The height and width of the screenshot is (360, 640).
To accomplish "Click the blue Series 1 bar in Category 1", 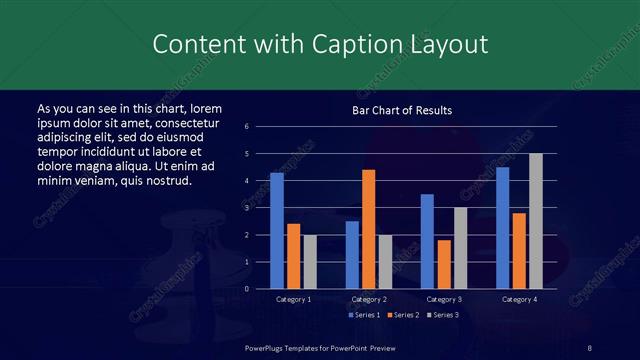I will (277, 231).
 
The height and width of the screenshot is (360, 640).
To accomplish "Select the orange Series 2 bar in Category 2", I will (369, 229).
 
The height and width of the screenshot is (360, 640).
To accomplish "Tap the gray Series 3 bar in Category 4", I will (536, 221).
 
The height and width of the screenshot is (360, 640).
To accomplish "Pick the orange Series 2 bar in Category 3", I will (444, 264).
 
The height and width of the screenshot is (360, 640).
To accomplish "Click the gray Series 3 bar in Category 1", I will (310, 262).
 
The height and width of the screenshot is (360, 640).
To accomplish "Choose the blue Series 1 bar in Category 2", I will (352, 255).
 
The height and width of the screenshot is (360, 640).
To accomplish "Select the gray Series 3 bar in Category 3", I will (461, 248).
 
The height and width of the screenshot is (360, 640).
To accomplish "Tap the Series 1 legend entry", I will (365, 315).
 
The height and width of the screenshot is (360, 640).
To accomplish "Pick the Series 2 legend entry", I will (403, 315).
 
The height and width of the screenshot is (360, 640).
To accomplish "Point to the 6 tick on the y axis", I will (260, 126).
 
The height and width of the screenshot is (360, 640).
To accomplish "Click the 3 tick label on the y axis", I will (260, 208).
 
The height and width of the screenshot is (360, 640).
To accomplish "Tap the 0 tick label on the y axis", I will (260, 289).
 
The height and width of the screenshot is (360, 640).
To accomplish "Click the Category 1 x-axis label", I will (294, 299).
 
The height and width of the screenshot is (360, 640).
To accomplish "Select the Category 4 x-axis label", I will (519, 299).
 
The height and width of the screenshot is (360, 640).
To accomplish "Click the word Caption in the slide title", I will (329, 45).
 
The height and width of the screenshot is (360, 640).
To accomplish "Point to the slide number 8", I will (590, 347).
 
